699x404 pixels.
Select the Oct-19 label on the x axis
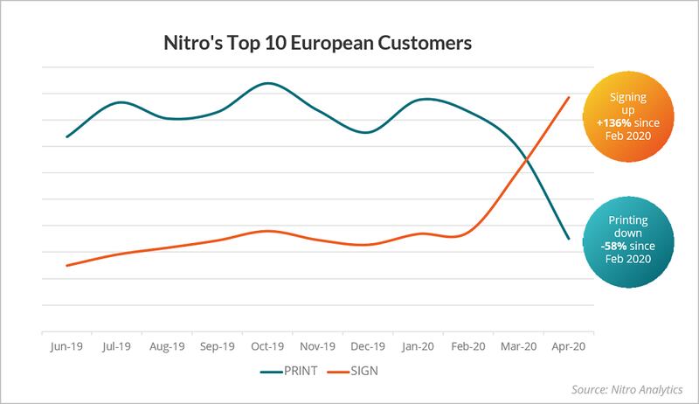(268, 345)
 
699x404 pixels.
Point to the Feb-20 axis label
(468, 345)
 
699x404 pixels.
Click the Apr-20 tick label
(568, 345)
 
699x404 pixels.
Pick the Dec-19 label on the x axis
(369, 345)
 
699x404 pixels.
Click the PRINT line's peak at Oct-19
(268, 83)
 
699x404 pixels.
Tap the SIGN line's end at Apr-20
(570, 97)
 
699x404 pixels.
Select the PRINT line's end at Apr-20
(569, 239)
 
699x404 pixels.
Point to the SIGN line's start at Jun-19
(67, 265)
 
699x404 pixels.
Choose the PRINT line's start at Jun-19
(67, 137)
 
